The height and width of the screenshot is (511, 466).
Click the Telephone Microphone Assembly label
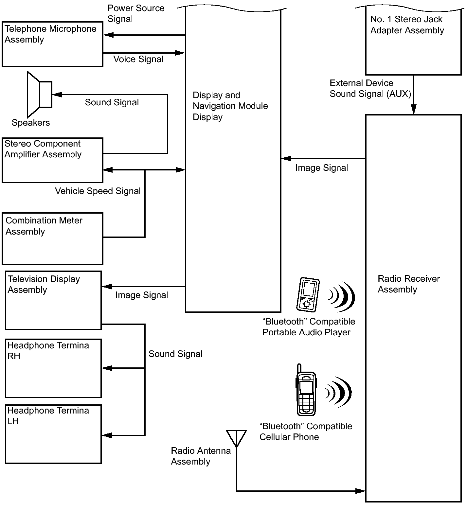click(x=50, y=34)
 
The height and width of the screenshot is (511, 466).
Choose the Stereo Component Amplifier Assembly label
click(x=43, y=149)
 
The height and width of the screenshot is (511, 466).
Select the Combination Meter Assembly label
click(x=44, y=226)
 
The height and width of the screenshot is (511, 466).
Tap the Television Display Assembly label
click(x=44, y=284)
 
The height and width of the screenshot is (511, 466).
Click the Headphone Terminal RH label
click(x=49, y=351)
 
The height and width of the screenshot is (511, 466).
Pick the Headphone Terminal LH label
click(x=49, y=416)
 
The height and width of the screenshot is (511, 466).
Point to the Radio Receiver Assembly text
click(x=409, y=284)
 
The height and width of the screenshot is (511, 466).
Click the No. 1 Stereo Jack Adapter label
click(x=407, y=25)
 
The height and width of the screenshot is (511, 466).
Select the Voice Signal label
click(x=138, y=59)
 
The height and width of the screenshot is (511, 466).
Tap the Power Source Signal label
click(x=136, y=13)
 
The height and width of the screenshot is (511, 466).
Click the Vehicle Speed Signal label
click(x=98, y=191)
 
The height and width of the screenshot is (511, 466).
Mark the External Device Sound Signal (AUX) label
click(x=370, y=88)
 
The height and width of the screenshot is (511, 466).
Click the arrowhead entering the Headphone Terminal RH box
click(x=107, y=368)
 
